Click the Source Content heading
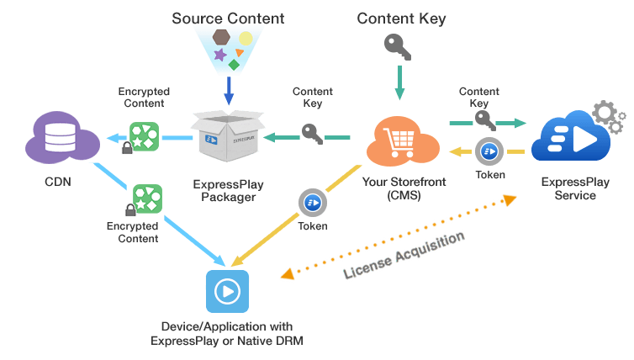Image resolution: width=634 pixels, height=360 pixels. (227, 18)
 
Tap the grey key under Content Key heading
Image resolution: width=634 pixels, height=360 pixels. (397, 46)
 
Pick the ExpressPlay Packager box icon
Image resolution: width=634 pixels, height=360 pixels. (226, 135)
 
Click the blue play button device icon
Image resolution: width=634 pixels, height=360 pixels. (226, 291)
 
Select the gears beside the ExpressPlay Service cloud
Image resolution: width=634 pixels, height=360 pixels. (607, 116)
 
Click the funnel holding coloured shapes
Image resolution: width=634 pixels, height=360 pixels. (227, 49)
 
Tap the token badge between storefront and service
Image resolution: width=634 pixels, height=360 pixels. (489, 151)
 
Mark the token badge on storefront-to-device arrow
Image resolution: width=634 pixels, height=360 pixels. (312, 203)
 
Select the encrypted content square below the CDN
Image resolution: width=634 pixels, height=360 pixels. (146, 199)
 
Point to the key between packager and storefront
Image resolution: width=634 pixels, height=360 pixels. (310, 135)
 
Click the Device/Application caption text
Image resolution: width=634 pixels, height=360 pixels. (227, 333)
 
